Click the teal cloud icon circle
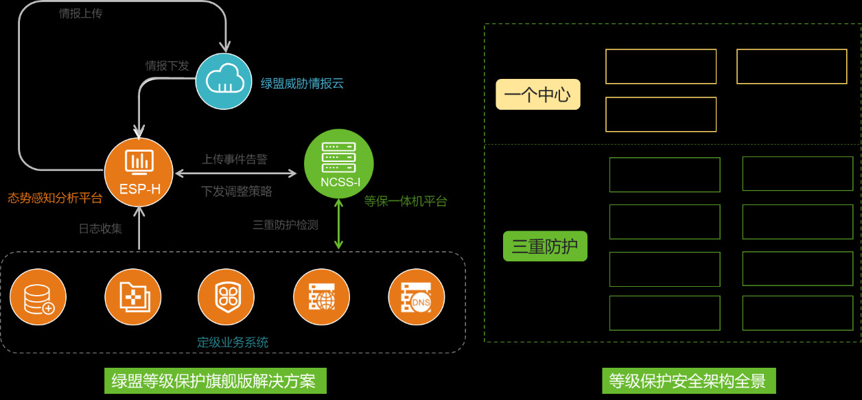click(x=224, y=81)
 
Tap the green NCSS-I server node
click(x=339, y=164)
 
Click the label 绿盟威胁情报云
click(x=302, y=84)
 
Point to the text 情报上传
click(x=81, y=13)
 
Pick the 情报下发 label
click(x=167, y=66)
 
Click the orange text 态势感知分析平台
click(x=55, y=198)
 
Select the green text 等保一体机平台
click(x=406, y=201)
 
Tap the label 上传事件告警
click(x=235, y=159)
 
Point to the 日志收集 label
click(x=100, y=228)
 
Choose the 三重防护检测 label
click(x=286, y=224)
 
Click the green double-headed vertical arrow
click(x=338, y=224)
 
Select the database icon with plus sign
click(x=38, y=298)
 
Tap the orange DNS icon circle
click(x=417, y=298)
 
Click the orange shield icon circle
click(x=226, y=297)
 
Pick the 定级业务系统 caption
click(x=233, y=342)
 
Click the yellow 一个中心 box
click(x=538, y=95)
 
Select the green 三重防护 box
click(x=545, y=246)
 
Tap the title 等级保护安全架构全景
click(x=688, y=380)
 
